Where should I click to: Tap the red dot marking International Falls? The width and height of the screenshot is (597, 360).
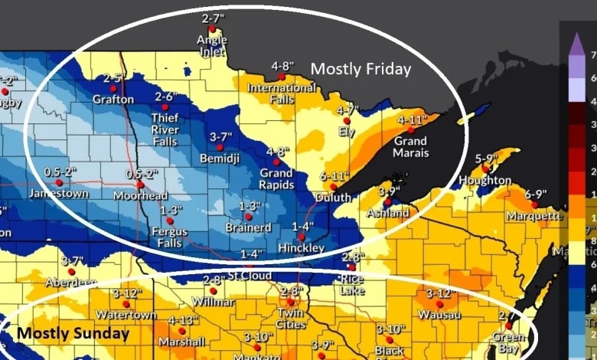282,77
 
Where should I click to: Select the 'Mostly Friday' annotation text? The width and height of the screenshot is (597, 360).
360,70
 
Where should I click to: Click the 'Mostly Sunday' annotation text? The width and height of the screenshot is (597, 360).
73,333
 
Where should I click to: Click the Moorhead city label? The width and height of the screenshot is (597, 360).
140,196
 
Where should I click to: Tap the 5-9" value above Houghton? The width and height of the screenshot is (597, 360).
488,159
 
